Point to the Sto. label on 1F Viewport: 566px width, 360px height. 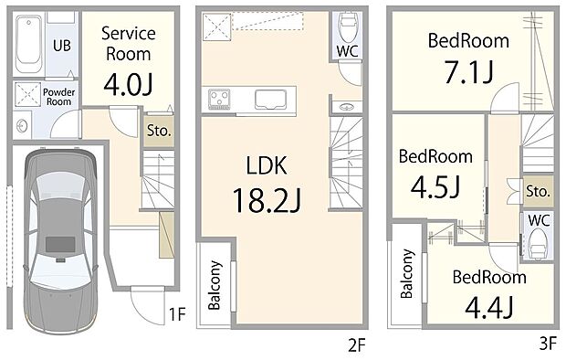click(x=157, y=130)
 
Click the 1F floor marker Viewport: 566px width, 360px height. click(x=177, y=316)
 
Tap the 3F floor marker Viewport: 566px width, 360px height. click(x=547, y=344)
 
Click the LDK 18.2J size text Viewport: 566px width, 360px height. click(x=266, y=198)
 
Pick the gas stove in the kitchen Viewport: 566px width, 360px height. click(x=221, y=98)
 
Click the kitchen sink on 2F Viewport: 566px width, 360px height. click(x=271, y=99)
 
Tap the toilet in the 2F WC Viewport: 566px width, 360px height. click(x=347, y=26)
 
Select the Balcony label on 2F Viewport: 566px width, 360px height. click(x=215, y=287)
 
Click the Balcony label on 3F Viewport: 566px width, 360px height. click(x=406, y=275)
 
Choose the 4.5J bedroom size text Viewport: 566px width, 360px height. click(x=435, y=185)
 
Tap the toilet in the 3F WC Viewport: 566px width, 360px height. click(x=538, y=240)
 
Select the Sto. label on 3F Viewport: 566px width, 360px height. click(x=538, y=192)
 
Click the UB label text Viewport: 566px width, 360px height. click(x=63, y=45)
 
